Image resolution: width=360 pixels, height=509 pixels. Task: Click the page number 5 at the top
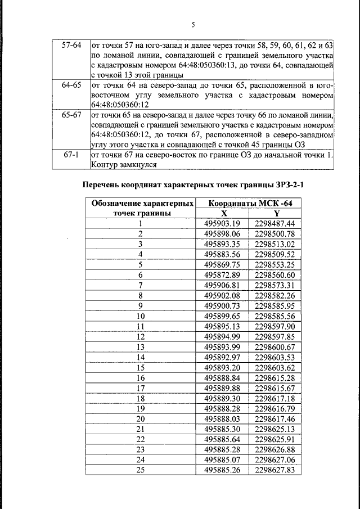pos(192,25)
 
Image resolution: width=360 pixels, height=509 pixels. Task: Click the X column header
pos(224,213)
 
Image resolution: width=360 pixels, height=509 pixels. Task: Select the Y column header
pos(276,213)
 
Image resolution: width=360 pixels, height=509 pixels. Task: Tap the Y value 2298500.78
pos(275,233)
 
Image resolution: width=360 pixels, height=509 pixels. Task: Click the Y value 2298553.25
pos(275,264)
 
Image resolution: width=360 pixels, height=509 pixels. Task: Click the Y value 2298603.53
pos(275,357)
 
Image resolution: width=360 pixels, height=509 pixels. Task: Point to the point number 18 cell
pos(141,398)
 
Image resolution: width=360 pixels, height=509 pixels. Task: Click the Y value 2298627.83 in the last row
pos(275,470)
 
